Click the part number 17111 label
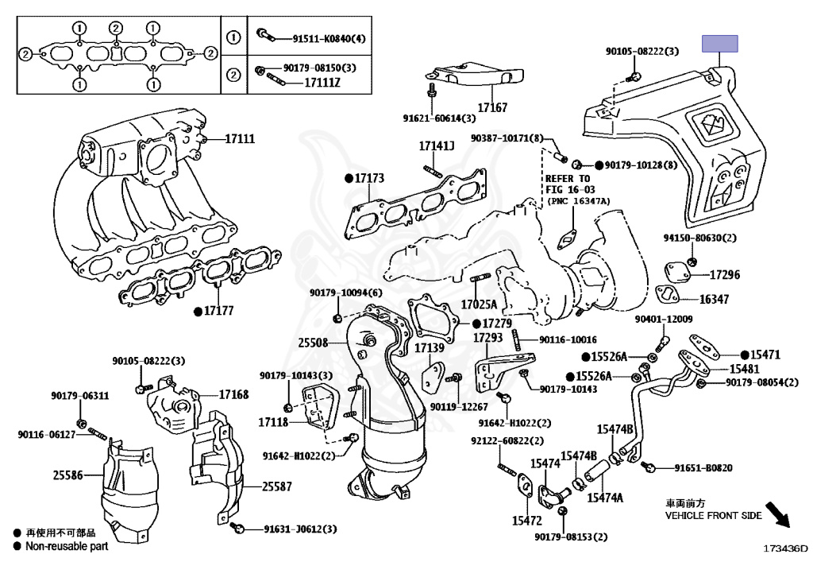click(239, 139)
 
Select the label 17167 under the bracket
click(492, 107)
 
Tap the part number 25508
click(314, 343)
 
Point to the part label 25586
click(68, 475)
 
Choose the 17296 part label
click(724, 275)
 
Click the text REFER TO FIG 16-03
click(568, 184)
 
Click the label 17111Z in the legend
click(322, 81)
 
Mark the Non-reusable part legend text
click(67, 546)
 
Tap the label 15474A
click(605, 498)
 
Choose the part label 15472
click(526, 521)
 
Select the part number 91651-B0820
click(703, 468)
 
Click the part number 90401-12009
click(664, 320)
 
